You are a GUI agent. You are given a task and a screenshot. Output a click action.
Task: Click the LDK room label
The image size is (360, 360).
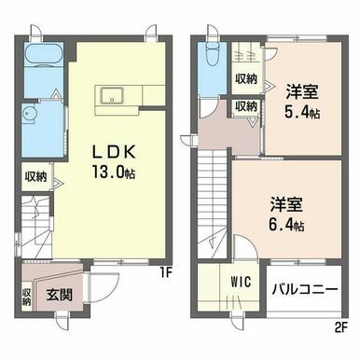(114, 152)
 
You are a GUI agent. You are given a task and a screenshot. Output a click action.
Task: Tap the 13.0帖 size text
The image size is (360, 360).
(114, 172)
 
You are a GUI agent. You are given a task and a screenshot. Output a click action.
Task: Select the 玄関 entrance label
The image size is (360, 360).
(60, 295)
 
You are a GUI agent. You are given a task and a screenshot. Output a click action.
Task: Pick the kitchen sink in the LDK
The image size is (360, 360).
(112, 95)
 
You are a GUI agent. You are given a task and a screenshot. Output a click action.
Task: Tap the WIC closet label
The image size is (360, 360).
(241, 282)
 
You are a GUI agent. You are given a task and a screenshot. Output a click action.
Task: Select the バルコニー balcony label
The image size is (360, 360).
(305, 290)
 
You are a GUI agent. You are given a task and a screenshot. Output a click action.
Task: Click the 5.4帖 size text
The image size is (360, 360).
(302, 113)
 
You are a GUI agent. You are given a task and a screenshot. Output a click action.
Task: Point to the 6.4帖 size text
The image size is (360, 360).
(286, 225)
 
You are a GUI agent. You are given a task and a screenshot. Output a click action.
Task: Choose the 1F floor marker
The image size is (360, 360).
(166, 272)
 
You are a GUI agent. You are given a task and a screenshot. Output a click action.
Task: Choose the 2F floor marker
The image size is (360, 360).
(341, 328)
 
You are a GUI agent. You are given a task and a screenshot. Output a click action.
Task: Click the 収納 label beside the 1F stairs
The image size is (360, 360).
(36, 176)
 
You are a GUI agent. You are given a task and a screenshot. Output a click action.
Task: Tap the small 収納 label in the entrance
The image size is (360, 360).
(27, 298)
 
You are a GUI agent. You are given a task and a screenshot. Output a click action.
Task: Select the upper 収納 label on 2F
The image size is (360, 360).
(246, 79)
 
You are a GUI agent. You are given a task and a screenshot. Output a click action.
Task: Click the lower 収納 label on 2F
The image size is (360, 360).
(246, 106)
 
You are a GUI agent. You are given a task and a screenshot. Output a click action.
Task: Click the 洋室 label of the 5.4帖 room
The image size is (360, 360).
(302, 92)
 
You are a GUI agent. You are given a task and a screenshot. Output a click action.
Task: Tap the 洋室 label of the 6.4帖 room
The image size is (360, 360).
(286, 204)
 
